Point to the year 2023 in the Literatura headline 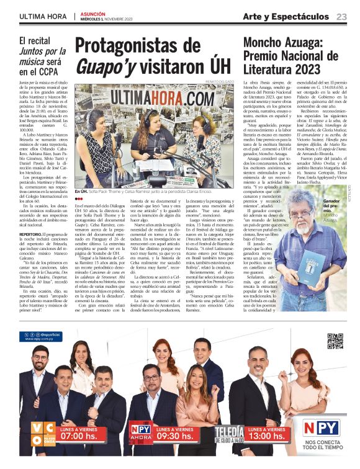coord(302,69)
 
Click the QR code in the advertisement coord(335,341)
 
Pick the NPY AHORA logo coord(140,432)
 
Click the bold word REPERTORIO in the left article coord(30,235)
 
